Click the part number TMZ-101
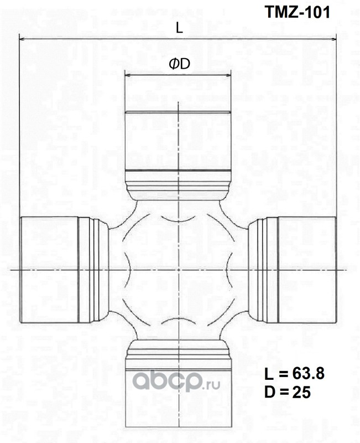pos(297,12)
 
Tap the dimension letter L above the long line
pos(179,28)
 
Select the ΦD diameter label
pos(179,64)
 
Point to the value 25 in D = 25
pos(301,393)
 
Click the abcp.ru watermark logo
pos(176,380)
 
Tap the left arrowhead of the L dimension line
pos(22,38)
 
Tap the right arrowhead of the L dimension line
pos(334,39)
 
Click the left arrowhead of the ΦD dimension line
pos(127,75)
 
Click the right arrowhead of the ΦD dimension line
pos(228,75)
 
